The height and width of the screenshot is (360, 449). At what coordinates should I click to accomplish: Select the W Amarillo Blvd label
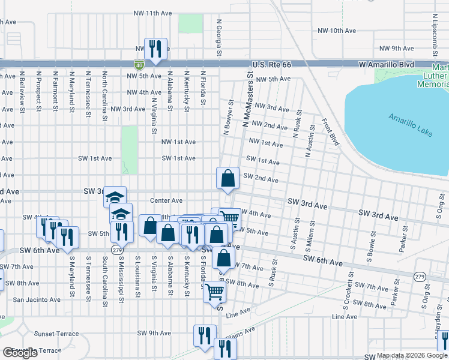coord(387,64)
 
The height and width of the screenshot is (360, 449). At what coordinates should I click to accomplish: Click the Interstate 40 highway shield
coord(139,64)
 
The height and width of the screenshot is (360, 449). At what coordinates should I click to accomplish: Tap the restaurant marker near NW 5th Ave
coord(155,49)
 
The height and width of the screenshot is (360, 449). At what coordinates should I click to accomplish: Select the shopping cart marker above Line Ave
coord(214,293)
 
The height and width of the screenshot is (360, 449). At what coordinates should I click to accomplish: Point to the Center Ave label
coord(166,200)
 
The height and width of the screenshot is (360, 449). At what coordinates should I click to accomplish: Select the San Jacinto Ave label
coord(37,299)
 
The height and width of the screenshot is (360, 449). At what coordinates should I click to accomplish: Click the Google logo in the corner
coord(20,353)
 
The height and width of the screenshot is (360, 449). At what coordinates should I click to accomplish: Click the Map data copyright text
coord(411,355)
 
